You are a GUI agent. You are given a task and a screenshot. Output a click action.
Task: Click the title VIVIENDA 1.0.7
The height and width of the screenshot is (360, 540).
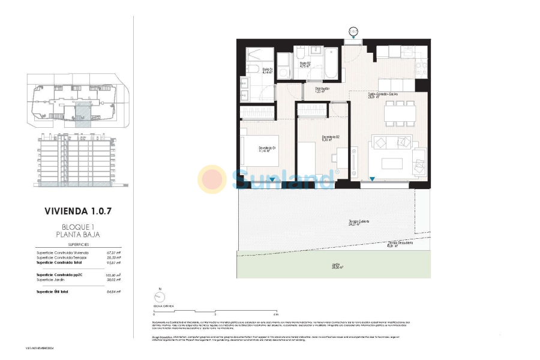[x=79, y=211]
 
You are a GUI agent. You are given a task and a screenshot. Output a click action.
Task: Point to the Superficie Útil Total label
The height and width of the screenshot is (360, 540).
[x=53, y=292]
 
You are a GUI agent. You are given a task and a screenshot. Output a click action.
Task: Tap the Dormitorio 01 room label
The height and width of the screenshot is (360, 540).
[x=267, y=148]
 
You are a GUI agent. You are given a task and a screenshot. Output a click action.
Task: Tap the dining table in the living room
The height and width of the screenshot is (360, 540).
[x=400, y=113]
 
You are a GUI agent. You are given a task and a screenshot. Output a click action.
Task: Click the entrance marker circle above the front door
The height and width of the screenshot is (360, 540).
[x=353, y=30]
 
